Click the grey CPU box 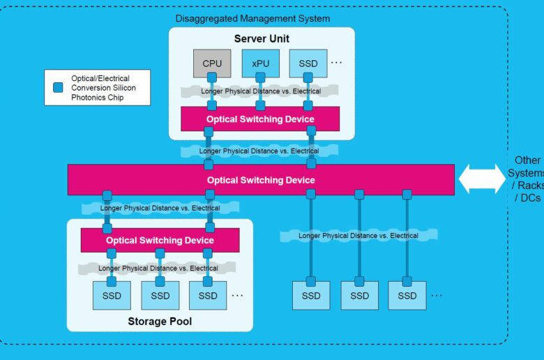tap(212, 63)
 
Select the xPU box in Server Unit tap(261, 63)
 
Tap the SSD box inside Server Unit tap(308, 63)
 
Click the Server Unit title tap(262, 38)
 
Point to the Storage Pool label tap(160, 321)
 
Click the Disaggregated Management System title tap(252, 18)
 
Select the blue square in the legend tap(58, 87)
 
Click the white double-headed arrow tap(482, 179)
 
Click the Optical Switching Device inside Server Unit tap(260, 119)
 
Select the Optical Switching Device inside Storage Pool tap(160, 240)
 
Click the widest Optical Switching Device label tap(261, 180)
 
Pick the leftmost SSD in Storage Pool tap(112, 295)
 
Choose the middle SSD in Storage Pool tap(160, 295)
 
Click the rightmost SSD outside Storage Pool tap(407, 295)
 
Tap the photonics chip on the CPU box tap(212, 77)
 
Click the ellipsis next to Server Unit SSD tap(336, 63)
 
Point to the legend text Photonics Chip tap(97, 98)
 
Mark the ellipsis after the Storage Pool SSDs tap(237, 295)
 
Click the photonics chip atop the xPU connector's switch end tap(261, 105)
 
